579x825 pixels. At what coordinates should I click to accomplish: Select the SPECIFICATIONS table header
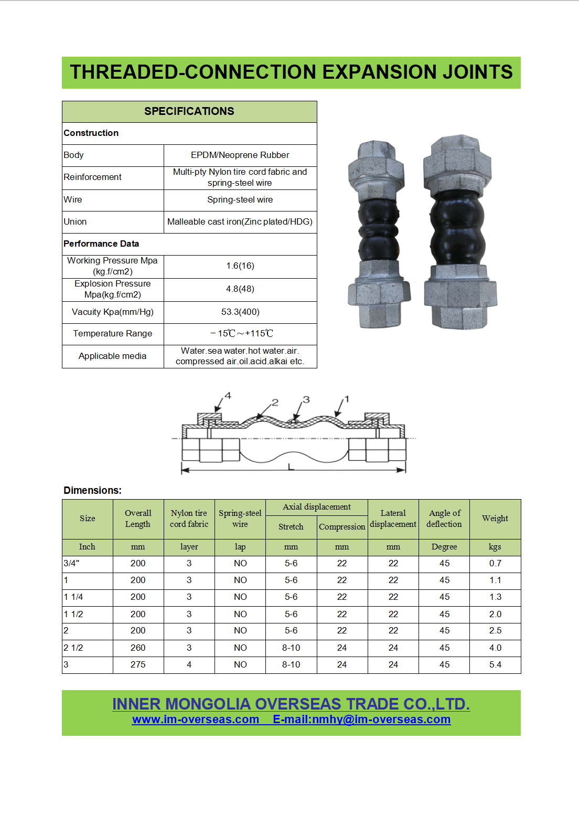point(189,111)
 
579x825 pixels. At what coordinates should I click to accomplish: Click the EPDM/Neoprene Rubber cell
point(240,155)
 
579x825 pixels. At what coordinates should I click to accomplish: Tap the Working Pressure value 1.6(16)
point(240,266)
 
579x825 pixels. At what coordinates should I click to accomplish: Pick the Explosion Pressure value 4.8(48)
point(240,289)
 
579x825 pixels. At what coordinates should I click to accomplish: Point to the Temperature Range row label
point(113,333)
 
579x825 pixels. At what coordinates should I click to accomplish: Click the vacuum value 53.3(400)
point(240,312)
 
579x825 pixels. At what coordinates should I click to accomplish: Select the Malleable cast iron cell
point(240,221)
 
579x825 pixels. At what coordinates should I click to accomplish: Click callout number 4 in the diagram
point(228,396)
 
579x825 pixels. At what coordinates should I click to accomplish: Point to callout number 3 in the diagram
point(306,399)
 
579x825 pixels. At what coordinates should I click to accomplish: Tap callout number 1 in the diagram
point(346,399)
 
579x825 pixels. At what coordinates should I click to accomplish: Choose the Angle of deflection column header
point(444,519)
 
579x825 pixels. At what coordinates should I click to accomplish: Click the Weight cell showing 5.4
point(495,664)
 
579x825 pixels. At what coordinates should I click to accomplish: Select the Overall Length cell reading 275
point(138,664)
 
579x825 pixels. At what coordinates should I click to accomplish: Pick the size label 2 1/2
point(73,648)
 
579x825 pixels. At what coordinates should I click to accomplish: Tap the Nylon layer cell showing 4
point(189,664)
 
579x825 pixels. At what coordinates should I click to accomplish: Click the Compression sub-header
point(342,526)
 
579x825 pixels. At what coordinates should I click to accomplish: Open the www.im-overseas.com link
point(196,719)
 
